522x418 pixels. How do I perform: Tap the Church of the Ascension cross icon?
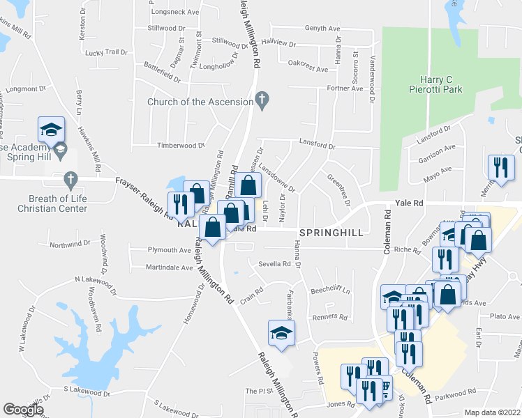tap(262, 102)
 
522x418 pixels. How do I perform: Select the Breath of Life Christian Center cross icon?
tap(70, 180)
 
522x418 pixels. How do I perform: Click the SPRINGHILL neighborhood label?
tap(331, 233)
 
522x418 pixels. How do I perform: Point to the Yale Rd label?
tap(410, 203)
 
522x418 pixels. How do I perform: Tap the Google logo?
tap(23, 410)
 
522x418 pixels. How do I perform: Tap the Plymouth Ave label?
tap(169, 249)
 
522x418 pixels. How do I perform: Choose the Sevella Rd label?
tap(274, 264)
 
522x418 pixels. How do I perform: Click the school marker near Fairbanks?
tap(281, 332)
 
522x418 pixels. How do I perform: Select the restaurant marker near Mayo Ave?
tap(501, 167)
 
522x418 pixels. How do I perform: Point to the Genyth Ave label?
tap(322, 29)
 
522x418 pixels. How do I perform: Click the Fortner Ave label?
tap(346, 88)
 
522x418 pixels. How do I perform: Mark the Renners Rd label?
tap(329, 316)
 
